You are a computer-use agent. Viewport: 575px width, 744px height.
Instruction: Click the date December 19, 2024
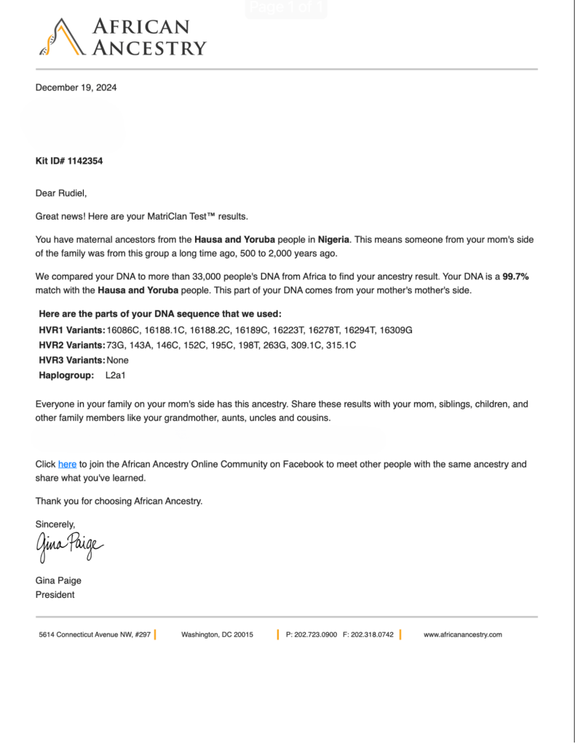(76, 88)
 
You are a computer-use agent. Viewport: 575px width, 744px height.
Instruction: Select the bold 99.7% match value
(515, 277)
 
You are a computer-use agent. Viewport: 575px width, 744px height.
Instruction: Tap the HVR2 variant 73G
(116, 345)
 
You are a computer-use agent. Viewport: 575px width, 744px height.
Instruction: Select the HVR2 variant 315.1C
(341, 345)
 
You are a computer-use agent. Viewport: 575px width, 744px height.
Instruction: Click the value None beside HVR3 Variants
(117, 360)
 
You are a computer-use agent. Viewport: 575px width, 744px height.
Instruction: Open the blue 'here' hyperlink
(67, 464)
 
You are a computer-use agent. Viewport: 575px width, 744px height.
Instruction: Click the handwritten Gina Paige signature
(69, 545)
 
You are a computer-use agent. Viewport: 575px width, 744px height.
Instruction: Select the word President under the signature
(55, 594)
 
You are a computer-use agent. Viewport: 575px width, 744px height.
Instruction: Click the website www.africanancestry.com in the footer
(463, 635)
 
